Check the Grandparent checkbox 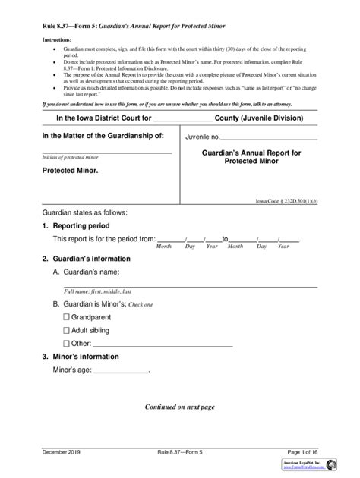(66, 316)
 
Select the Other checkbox (66, 343)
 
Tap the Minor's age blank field (121, 371)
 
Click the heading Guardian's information (86, 259)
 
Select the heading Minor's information (81, 357)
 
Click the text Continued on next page (180, 407)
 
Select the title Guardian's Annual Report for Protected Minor (251, 156)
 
